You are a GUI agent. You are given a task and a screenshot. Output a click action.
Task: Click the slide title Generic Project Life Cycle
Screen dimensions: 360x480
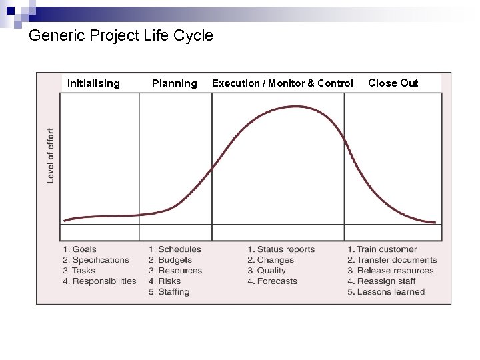tap(121, 35)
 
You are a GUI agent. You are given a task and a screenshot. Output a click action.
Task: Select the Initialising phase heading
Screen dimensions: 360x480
tap(93, 83)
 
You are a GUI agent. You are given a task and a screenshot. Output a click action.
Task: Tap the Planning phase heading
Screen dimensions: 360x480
tap(174, 83)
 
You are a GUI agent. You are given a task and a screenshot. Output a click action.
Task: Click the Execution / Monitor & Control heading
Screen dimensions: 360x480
tap(282, 83)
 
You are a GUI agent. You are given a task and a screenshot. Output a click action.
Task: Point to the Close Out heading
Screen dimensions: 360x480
tap(393, 83)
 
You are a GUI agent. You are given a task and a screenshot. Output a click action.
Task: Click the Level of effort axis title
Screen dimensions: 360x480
tap(51, 156)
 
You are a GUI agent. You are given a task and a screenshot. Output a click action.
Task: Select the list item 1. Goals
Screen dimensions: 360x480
tap(79, 249)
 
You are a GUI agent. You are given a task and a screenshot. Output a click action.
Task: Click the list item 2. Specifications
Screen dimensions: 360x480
tap(96, 260)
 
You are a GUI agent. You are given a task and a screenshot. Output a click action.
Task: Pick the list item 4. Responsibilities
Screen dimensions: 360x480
tap(99, 281)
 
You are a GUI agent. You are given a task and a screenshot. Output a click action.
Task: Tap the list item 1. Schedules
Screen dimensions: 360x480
tap(175, 249)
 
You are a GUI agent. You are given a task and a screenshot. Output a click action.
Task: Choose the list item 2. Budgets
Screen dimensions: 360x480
tap(170, 260)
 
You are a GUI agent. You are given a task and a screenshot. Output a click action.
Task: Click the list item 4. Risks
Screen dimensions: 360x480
tap(165, 281)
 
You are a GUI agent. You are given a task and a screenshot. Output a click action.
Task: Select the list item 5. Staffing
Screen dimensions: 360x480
tap(169, 292)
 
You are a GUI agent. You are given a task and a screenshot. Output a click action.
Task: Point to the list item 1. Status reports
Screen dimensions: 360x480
tap(281, 249)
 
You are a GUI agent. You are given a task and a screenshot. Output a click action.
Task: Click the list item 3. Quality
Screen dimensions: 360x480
tap(266, 271)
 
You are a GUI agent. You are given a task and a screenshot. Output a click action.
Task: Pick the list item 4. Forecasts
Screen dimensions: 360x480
tap(272, 281)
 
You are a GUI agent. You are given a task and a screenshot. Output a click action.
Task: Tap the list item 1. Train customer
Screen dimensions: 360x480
tap(382, 249)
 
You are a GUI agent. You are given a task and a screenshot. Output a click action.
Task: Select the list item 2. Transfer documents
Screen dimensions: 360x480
tap(392, 260)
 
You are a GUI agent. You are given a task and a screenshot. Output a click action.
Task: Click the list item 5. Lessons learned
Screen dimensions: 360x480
tap(386, 292)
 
